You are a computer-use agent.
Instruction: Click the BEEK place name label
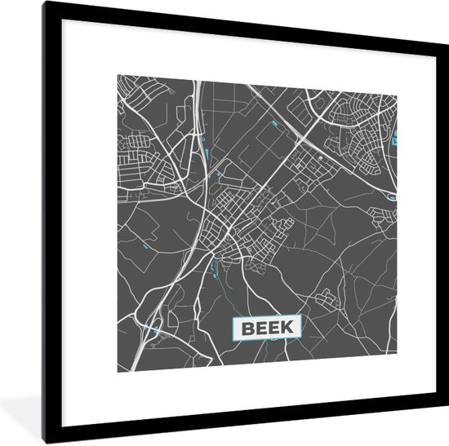tap(268, 329)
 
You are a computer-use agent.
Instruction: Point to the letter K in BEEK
tap(291, 329)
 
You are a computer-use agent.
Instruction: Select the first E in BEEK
tap(260, 329)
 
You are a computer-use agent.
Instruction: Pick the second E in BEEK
tap(275, 329)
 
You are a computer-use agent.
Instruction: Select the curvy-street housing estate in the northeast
tap(363, 130)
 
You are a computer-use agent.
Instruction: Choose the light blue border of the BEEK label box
tap(268, 317)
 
